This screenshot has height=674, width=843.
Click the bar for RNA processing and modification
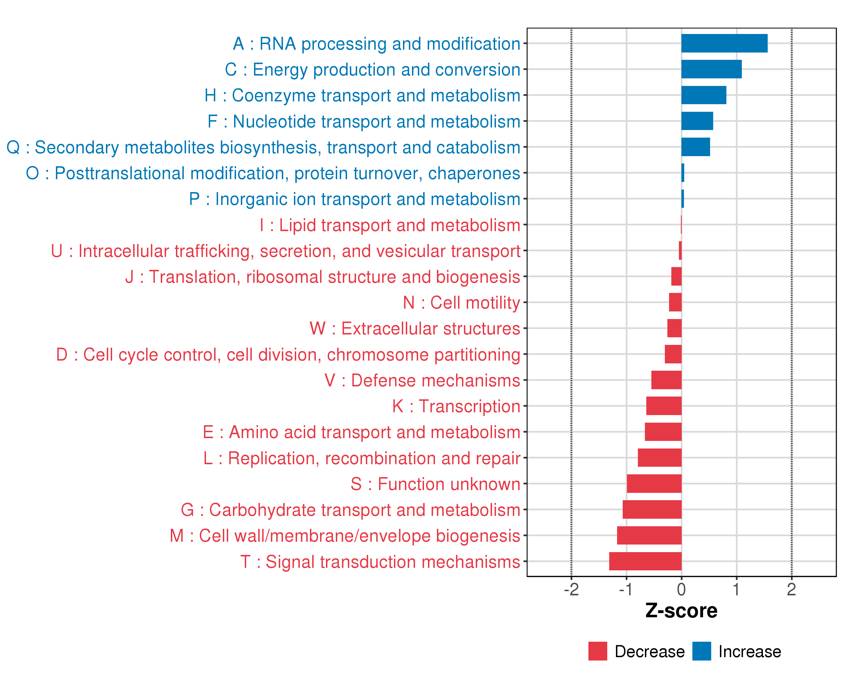(x=724, y=43)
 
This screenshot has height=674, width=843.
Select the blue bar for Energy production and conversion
(x=711, y=69)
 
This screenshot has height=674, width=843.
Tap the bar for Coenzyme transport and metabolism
(x=703, y=95)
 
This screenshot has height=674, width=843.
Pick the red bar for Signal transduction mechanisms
(x=645, y=561)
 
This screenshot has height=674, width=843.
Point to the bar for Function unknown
(x=654, y=484)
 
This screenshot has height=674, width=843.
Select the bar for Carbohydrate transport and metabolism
(x=652, y=509)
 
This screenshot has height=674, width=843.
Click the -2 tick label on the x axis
(x=571, y=589)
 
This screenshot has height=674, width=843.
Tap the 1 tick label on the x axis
(x=736, y=589)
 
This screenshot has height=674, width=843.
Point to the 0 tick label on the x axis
(x=681, y=589)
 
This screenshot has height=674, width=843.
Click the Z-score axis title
(x=681, y=611)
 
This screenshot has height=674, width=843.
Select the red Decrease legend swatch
(x=597, y=651)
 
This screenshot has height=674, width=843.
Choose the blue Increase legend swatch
(x=701, y=651)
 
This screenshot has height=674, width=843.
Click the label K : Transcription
(x=456, y=406)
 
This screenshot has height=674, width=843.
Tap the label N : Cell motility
(x=461, y=303)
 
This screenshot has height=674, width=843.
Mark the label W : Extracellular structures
(x=414, y=329)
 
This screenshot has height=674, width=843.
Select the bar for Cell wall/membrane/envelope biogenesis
(x=649, y=535)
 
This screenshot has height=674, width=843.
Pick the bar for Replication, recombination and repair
(x=659, y=457)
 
